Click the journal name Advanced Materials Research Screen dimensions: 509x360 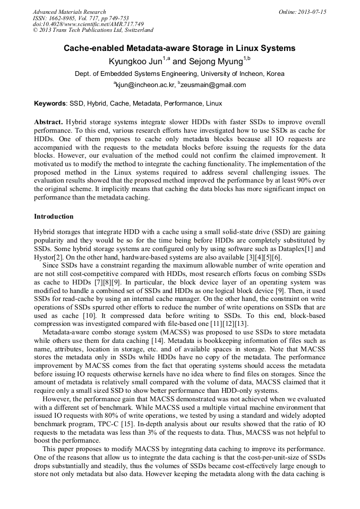coord(69,12)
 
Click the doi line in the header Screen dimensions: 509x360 coord(88,24)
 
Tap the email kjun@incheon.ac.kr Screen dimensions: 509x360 coord(145,85)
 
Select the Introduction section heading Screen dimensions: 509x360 coord(54,217)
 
